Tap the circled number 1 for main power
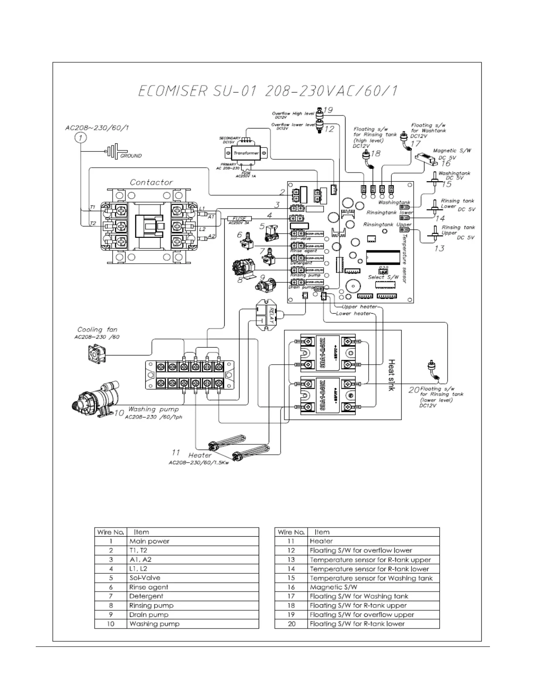(x=81, y=138)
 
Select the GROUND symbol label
(x=131, y=156)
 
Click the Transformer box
(x=246, y=153)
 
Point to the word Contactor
(x=151, y=182)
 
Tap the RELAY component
(x=267, y=315)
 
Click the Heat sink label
(x=391, y=375)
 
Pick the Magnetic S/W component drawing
(x=425, y=159)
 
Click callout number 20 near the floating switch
(x=414, y=390)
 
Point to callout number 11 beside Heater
(x=175, y=453)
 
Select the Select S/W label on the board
(x=383, y=277)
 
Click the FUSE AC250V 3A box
(x=240, y=219)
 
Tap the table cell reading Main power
(x=149, y=541)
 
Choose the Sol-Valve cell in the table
(x=145, y=578)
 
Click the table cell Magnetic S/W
(x=333, y=587)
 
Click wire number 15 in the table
(x=291, y=578)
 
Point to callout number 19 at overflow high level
(x=328, y=110)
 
